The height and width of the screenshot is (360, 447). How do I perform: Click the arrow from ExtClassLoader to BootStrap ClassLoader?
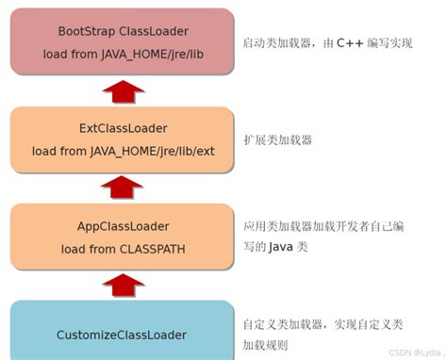(122, 91)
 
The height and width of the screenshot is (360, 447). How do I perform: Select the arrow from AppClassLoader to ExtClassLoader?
(122, 188)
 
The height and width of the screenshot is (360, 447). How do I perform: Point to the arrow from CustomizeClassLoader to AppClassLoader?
(122, 285)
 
